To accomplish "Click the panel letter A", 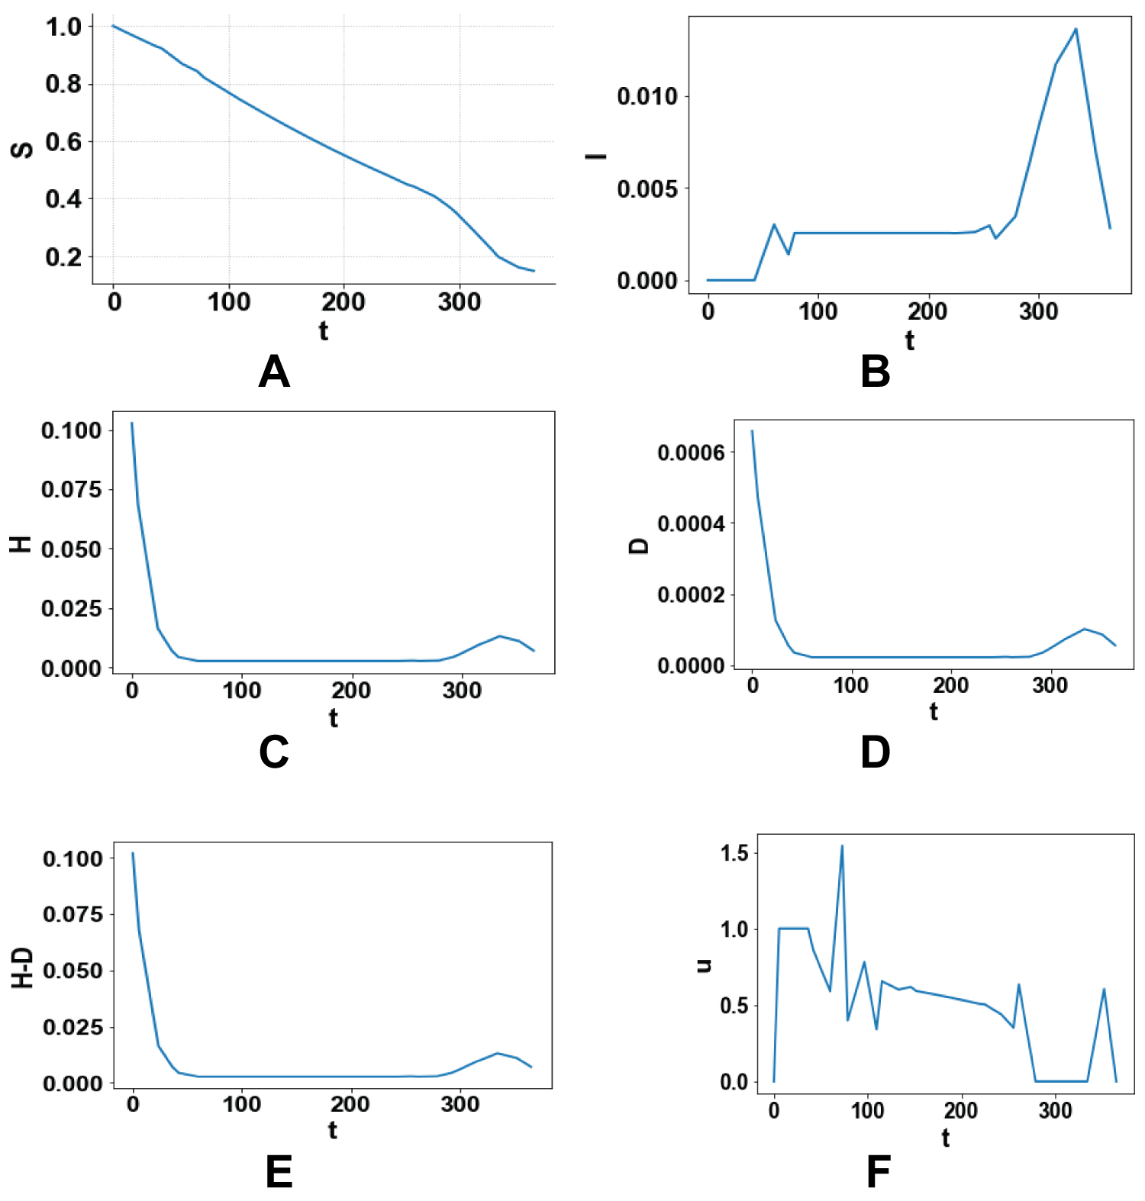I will pos(274,372).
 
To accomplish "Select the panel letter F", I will pos(879,1172).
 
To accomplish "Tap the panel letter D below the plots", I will pos(875,752).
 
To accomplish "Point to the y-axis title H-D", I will pos(23,968).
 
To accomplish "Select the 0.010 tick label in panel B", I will pos(647,96).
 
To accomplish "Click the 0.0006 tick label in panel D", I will pos(691,452).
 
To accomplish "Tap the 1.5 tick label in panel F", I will pos(734,852).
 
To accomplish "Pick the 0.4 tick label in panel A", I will pos(63,199).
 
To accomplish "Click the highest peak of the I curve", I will pos(1076,29).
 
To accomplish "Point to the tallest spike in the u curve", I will pos(842,845).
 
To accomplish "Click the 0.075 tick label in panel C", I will pos(71,489).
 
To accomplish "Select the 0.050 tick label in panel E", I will pos(73,971).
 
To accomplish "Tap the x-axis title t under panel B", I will pos(909,340).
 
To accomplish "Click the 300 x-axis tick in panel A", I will pos(460,302).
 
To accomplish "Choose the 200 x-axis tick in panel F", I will pos(960,1110).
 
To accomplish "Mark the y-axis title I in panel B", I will pos(596,156).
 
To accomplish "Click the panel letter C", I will pos(273,752).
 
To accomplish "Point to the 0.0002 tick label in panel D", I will pos(691,594).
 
